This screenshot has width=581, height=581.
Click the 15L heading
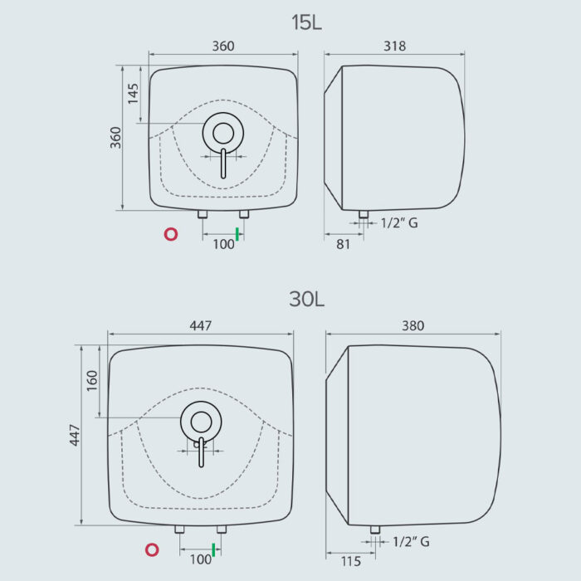tap(306, 22)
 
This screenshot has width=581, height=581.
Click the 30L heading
tap(306, 299)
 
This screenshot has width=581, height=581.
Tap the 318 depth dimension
tap(394, 46)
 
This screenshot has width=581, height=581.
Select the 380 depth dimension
tap(413, 326)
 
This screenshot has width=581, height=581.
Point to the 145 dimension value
tap(133, 93)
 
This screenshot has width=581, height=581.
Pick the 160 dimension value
tap(92, 380)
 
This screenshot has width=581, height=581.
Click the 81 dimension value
tap(343, 245)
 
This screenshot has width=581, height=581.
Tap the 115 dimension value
tap(350, 561)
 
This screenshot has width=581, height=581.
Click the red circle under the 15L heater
tap(171, 234)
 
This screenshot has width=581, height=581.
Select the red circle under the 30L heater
tap(152, 549)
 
